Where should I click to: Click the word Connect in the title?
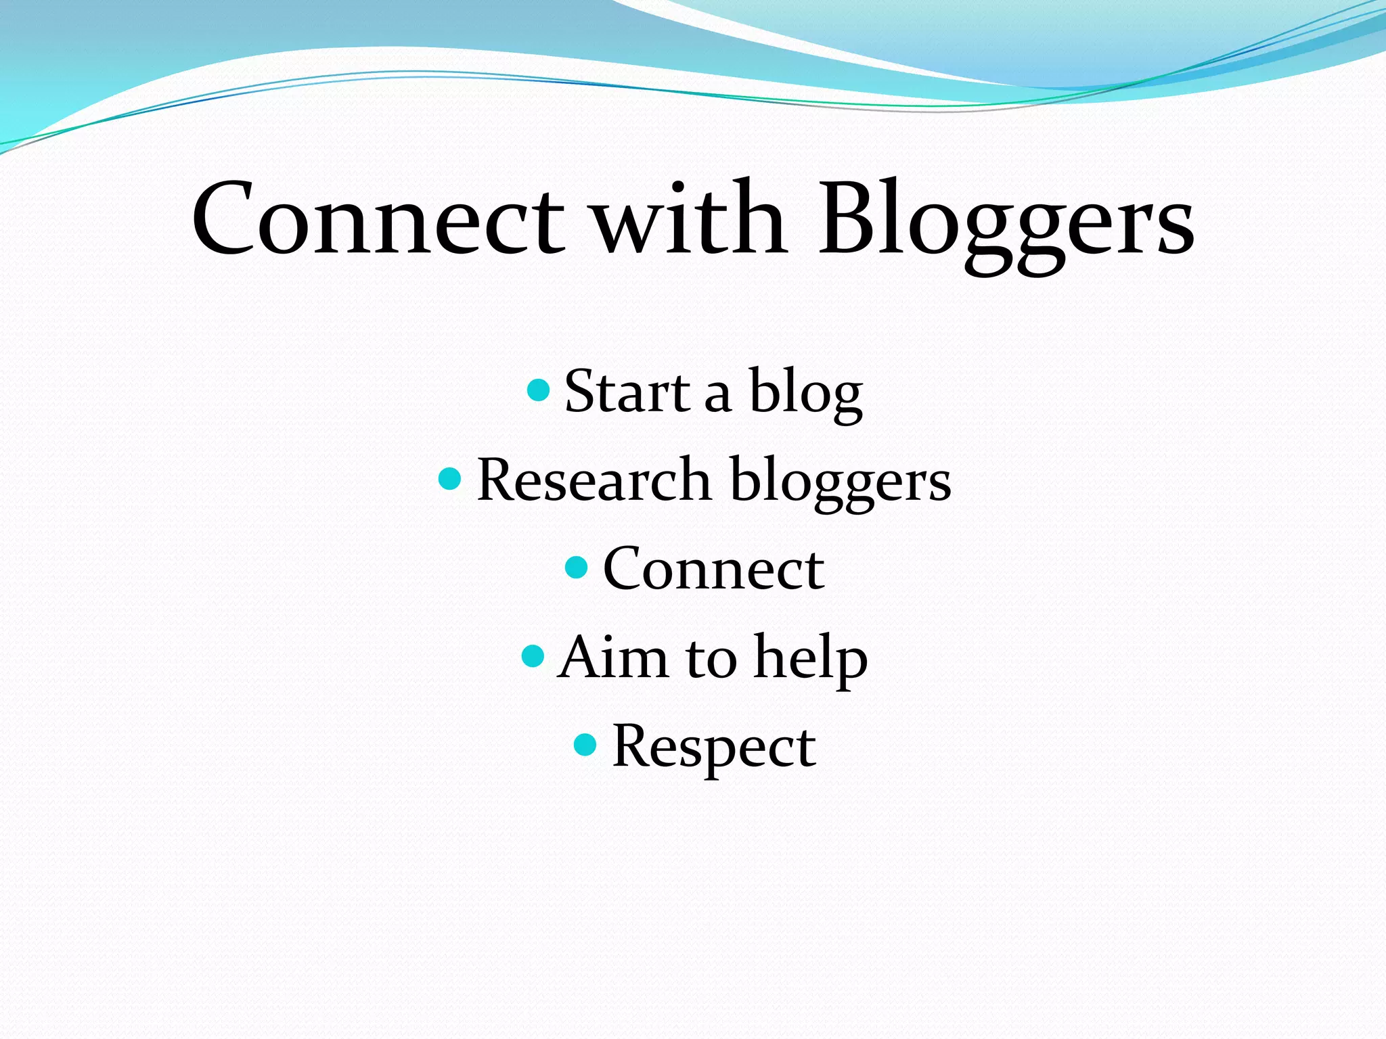tap(378, 220)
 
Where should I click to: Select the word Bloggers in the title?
tap(1006, 223)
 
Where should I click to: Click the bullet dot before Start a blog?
tap(538, 390)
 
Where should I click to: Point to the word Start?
tap(627, 392)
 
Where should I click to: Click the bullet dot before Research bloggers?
tap(450, 479)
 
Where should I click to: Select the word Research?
tap(594, 480)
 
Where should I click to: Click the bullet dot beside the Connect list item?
tap(576, 568)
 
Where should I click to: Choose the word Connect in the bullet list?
tap(713, 570)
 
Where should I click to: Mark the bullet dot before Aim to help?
tap(533, 656)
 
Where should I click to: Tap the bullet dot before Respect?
tap(585, 745)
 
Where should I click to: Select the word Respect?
tap(713, 748)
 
